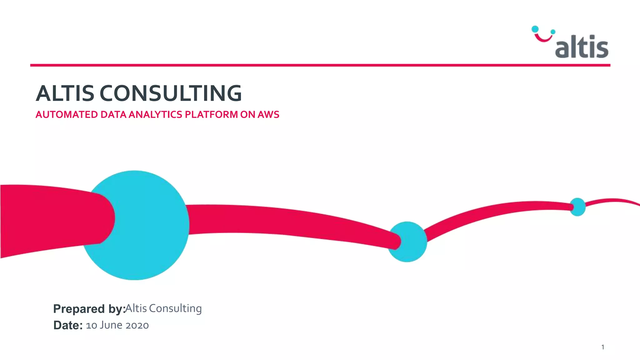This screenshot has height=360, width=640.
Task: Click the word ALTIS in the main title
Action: point(65,93)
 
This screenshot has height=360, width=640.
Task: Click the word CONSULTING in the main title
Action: point(171,93)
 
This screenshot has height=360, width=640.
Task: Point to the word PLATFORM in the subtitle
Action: point(211,115)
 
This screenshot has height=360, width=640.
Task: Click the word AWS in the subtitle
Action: point(268,115)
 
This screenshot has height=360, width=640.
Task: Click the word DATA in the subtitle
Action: point(113,115)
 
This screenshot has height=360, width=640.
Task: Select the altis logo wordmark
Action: point(582,47)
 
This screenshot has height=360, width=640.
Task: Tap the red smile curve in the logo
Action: point(543,38)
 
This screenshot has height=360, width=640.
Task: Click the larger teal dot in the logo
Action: point(535,29)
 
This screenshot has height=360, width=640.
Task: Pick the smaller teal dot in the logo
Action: point(553,32)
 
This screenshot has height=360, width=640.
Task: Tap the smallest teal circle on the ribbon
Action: point(577,207)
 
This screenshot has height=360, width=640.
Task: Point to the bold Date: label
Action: point(68,325)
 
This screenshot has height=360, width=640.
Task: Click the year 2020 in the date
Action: point(137,325)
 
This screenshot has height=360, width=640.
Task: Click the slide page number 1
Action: point(602,347)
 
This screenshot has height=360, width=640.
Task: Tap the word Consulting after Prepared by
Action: point(175,308)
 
